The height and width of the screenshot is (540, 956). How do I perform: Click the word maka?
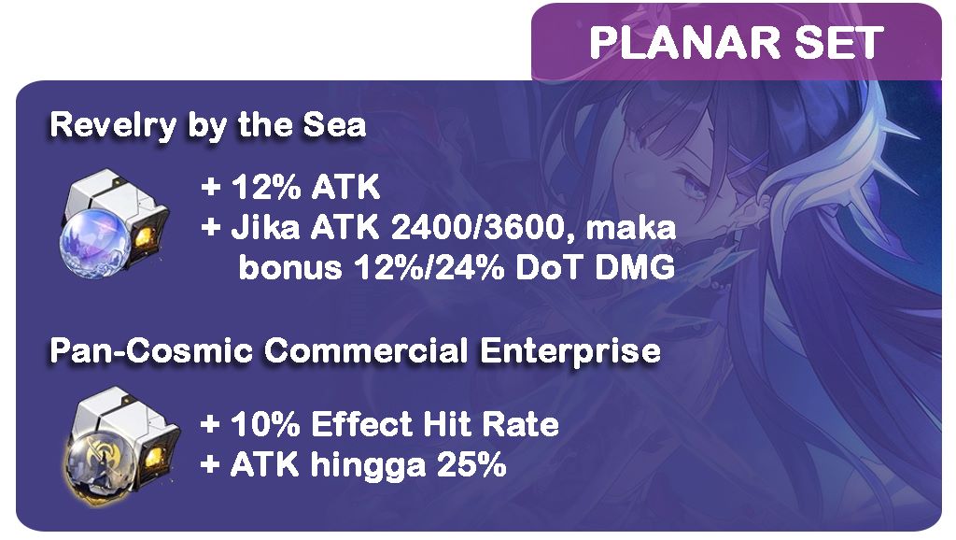630,228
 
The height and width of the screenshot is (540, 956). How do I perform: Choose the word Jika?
265,228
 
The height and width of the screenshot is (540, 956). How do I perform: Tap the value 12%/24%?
429,267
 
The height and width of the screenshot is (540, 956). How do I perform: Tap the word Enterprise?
570,352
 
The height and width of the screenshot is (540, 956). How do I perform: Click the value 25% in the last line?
471,465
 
